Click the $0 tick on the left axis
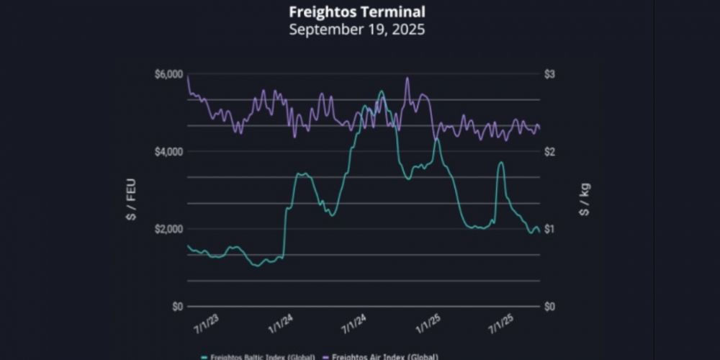(x=176, y=306)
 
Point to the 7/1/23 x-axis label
(x=207, y=323)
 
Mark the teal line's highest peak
(x=381, y=91)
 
